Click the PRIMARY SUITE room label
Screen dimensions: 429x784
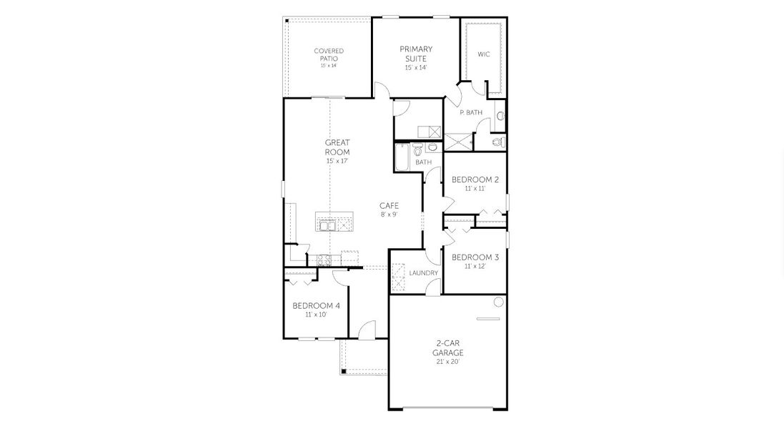click(416, 54)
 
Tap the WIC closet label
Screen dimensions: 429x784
click(484, 54)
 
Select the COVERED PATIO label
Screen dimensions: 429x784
click(329, 54)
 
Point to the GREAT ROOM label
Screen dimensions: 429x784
click(337, 147)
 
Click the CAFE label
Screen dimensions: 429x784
click(389, 205)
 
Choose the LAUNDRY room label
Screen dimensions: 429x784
click(423, 273)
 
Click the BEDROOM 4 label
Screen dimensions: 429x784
click(316, 305)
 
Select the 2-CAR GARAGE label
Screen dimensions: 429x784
click(448, 347)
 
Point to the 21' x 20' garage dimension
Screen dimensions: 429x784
click(448, 362)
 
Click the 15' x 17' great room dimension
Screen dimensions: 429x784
click(337, 162)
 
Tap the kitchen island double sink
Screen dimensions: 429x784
click(328, 226)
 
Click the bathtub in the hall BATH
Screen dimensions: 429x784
click(401, 156)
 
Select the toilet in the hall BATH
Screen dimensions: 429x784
click(417, 149)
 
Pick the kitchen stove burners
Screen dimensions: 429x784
click(322, 260)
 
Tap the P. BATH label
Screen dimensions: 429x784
click(471, 113)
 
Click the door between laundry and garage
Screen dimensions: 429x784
click(433, 287)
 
